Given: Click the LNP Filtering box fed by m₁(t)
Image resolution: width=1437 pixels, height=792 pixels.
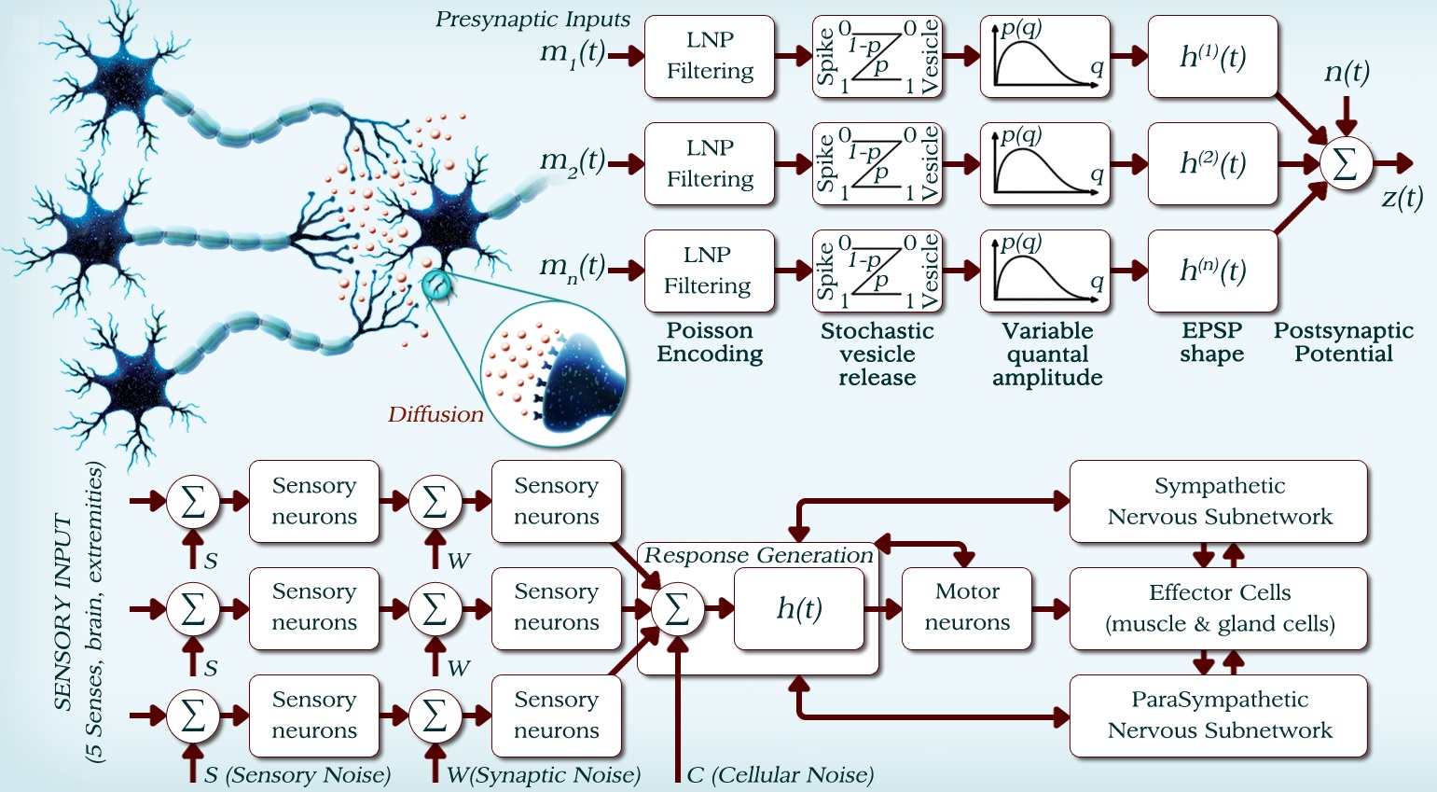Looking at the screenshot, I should pos(710,56).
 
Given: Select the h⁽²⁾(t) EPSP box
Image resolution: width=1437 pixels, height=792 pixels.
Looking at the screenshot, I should pos(1212,164).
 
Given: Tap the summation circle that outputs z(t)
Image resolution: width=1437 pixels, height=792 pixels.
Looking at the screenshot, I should pos(1346,164).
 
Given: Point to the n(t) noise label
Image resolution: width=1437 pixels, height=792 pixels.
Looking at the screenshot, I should pos(1347,72).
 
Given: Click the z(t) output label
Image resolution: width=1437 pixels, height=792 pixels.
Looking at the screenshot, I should pos(1402,198).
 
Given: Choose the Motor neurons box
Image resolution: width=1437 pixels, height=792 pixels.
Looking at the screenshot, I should pos(967,607).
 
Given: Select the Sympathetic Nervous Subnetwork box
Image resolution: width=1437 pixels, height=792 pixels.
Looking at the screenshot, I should pos(1219,501).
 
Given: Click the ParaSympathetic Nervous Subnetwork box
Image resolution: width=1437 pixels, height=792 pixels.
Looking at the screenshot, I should pos(1219,716).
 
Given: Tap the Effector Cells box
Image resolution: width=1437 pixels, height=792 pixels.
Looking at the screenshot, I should pos(1219,607).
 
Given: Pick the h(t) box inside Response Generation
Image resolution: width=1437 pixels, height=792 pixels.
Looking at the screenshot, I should pos(799,608).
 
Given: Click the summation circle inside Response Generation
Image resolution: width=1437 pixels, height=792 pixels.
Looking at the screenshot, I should pos(677,609).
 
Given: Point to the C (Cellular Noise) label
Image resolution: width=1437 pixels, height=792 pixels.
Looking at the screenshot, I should pos(780,775).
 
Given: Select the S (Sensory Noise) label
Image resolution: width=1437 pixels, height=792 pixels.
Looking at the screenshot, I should pos(297,775).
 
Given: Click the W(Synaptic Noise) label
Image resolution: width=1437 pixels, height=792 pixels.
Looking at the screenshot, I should pos(543,775).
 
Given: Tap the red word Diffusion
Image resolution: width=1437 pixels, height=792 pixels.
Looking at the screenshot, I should pos(435,415).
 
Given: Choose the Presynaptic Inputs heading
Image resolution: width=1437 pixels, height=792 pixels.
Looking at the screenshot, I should pos(532,20).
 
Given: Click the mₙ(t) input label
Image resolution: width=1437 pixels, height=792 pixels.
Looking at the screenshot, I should pos(573,269).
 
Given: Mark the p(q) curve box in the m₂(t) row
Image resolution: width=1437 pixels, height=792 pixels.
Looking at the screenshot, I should pos(1045,164).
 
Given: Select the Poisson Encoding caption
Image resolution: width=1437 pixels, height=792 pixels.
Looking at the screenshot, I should pos(710,342).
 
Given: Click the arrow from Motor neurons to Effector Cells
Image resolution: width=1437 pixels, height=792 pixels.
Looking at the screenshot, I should pos(1051,609).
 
